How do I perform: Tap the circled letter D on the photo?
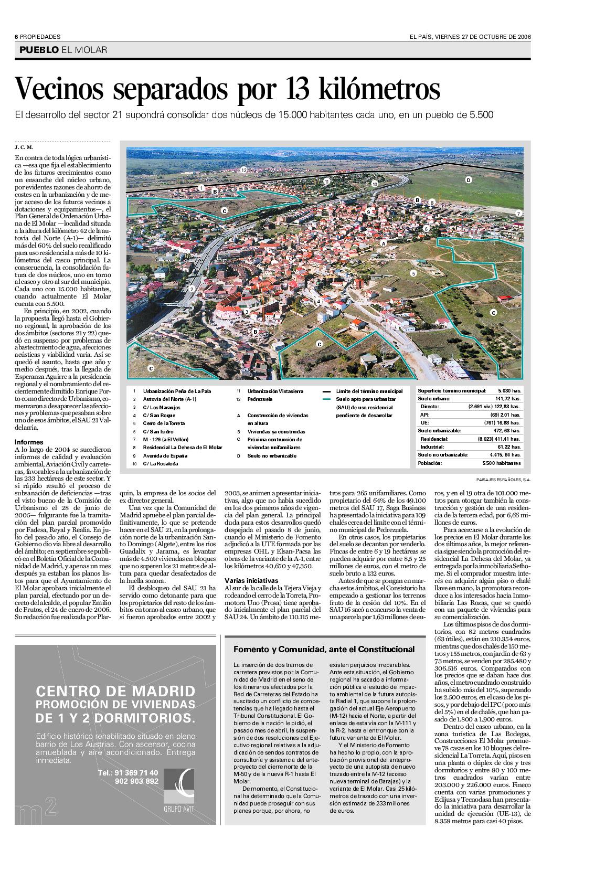click(469, 180)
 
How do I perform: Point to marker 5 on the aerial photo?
click(413, 273)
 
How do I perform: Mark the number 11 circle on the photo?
click(326, 182)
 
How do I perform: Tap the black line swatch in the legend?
click(326, 391)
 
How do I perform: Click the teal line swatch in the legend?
click(326, 399)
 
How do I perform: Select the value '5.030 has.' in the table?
click(508, 391)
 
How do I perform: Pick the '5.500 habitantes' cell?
click(502, 464)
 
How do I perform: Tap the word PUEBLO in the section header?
click(38, 50)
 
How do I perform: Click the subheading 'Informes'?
click(29, 442)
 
